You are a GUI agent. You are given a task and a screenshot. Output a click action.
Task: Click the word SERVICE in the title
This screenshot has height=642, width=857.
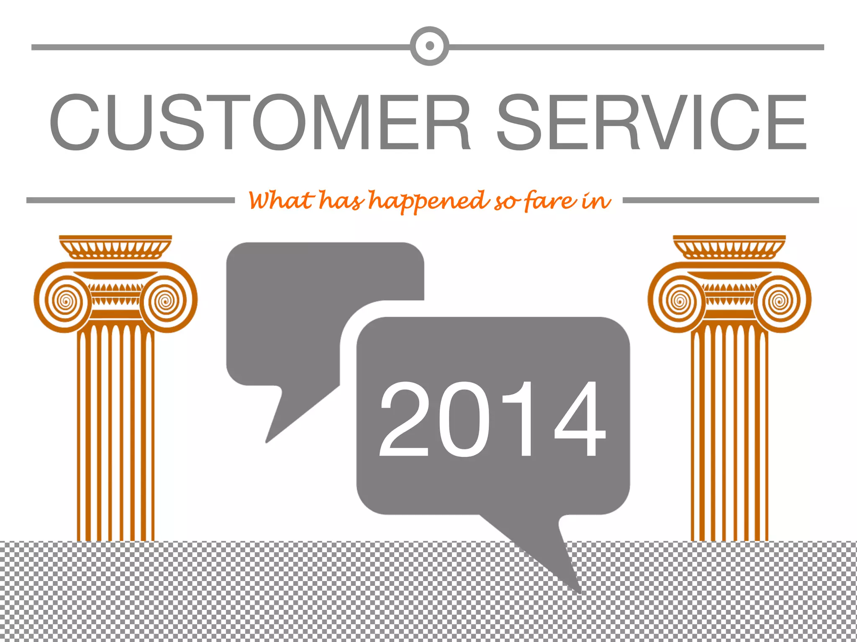[652, 122]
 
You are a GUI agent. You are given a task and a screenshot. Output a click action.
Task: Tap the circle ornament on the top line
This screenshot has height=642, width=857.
[429, 46]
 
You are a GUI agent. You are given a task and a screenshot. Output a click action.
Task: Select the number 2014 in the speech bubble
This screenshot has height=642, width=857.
[492, 419]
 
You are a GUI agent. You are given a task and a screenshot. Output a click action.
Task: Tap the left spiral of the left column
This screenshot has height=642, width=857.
[65, 300]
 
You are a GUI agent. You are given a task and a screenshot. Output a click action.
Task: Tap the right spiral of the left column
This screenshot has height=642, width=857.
[166, 300]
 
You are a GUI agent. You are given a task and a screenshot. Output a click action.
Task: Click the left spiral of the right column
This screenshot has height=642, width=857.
[680, 300]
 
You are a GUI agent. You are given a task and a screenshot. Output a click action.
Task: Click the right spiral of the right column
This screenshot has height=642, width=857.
[780, 300]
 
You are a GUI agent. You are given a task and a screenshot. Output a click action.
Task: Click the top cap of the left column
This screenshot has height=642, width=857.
[115, 247]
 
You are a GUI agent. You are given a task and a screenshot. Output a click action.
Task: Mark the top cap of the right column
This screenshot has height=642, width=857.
[729, 247]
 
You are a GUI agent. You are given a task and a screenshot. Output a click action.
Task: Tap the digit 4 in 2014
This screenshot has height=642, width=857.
[580, 419]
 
